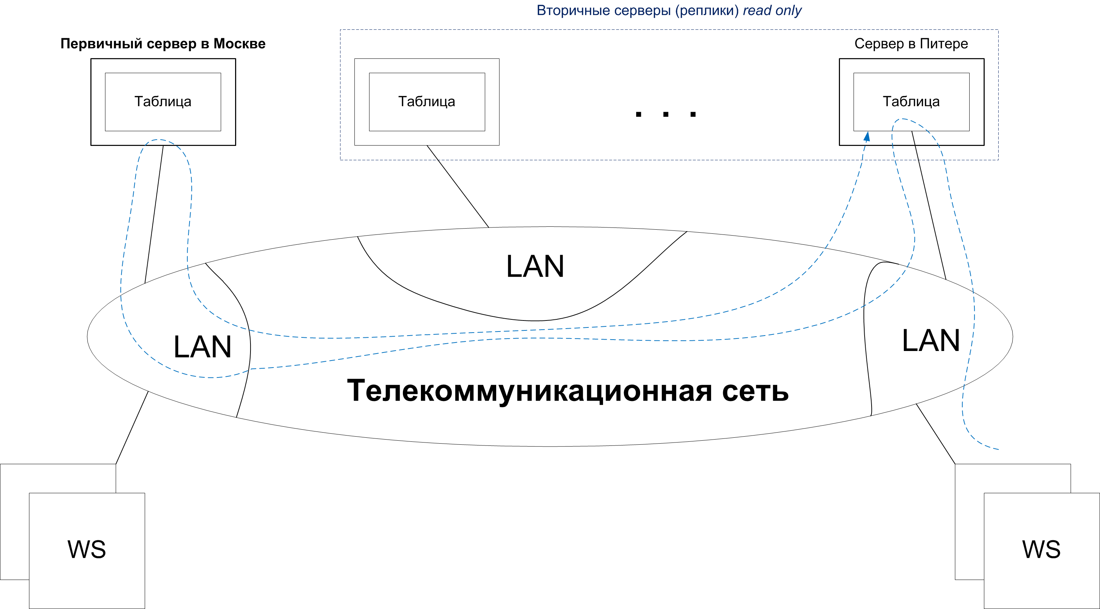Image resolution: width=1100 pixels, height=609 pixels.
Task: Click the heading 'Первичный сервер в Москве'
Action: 163,44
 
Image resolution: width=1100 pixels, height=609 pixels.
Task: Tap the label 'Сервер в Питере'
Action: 911,44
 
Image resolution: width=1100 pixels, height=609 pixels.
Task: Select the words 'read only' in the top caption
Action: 772,10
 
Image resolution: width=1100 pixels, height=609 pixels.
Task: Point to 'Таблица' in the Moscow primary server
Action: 163,101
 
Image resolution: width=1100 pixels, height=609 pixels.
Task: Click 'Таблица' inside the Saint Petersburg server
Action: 911,101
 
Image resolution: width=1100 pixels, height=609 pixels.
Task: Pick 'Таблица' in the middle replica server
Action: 426,101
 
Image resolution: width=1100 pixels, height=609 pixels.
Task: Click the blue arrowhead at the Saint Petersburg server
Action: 867,137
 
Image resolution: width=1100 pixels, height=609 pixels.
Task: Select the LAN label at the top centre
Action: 535,266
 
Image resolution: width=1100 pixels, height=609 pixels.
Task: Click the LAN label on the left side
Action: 202,347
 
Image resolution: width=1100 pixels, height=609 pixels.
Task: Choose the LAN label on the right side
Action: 931,341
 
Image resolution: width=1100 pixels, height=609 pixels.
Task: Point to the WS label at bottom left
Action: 87,549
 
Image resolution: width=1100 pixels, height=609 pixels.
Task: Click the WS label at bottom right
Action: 1041,549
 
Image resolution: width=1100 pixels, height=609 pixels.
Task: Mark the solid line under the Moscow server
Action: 154,214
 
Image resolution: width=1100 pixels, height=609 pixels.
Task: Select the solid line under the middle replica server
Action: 458,186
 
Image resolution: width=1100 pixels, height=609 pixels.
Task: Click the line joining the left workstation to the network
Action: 132,427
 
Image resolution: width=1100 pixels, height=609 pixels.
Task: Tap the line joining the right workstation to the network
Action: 935,434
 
